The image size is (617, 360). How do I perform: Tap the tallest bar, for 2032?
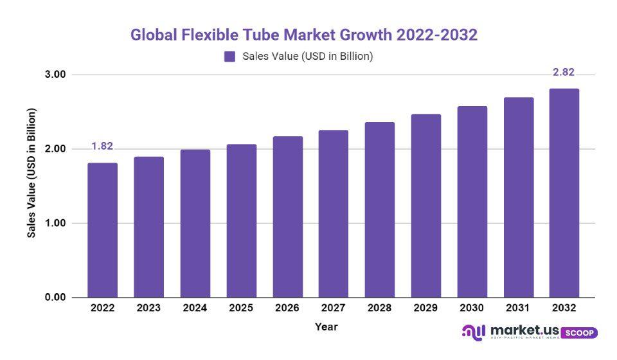point(564,193)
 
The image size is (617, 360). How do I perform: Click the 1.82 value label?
point(102,147)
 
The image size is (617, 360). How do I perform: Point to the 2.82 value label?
point(564,72)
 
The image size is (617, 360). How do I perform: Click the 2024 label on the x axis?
point(195,309)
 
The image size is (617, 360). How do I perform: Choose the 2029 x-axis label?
point(425,309)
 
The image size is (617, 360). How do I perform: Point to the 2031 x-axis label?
point(517,309)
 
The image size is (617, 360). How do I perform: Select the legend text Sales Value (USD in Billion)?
point(308,57)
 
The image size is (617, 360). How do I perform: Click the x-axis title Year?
point(326,327)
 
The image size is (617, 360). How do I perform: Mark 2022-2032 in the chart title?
point(438,35)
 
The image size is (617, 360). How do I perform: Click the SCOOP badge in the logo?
point(580,333)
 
